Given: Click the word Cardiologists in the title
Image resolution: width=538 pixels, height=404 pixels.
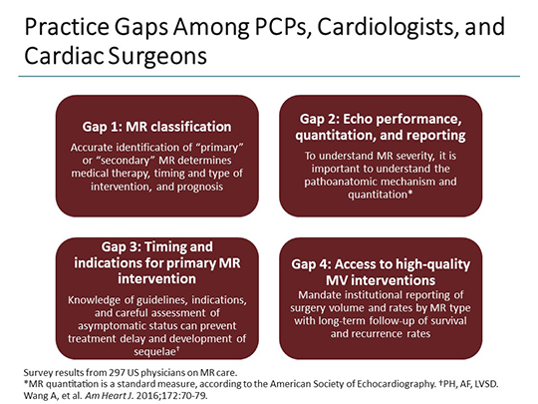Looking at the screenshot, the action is click(388, 27).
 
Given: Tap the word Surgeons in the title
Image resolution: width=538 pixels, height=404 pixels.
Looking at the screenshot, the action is click(157, 56).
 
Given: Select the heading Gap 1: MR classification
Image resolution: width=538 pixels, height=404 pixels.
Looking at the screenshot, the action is click(156, 127).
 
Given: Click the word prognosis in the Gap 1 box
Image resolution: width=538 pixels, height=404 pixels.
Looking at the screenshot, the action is click(200, 187).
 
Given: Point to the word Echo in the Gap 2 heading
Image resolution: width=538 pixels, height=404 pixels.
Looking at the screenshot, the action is click(358, 119).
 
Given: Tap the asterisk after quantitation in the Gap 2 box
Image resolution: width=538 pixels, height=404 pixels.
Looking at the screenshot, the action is click(409, 193).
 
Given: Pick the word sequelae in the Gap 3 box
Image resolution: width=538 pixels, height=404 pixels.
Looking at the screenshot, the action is click(154, 352).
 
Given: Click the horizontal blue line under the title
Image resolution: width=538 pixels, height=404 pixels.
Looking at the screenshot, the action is click(269, 76).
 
